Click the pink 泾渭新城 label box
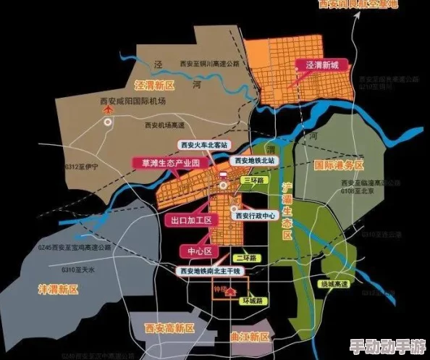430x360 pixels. (x=323, y=66)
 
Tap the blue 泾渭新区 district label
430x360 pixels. (x=155, y=85)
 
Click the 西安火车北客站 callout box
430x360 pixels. (x=205, y=145)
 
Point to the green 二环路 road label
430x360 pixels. (x=247, y=257)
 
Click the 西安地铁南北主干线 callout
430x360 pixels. (x=210, y=270)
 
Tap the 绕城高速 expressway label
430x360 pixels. (x=334, y=284)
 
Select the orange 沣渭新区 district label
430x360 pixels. (x=58, y=288)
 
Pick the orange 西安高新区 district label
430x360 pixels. (x=169, y=328)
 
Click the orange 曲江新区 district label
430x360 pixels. (x=248, y=338)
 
